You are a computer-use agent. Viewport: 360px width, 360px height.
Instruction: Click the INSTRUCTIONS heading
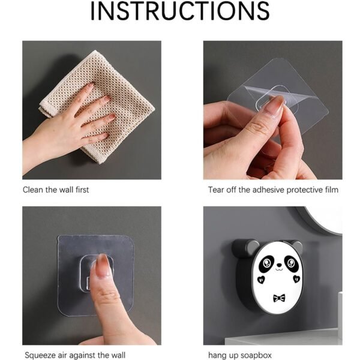(x=180, y=12)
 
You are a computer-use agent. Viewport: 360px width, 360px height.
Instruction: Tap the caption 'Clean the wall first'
(x=56, y=190)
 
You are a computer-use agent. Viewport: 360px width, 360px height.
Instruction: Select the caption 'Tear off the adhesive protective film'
(x=273, y=190)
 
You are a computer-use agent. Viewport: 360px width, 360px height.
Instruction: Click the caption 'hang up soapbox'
(x=239, y=355)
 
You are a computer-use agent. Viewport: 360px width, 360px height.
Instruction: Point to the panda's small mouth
(x=279, y=277)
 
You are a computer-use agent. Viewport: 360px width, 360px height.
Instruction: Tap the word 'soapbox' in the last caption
(x=256, y=355)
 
